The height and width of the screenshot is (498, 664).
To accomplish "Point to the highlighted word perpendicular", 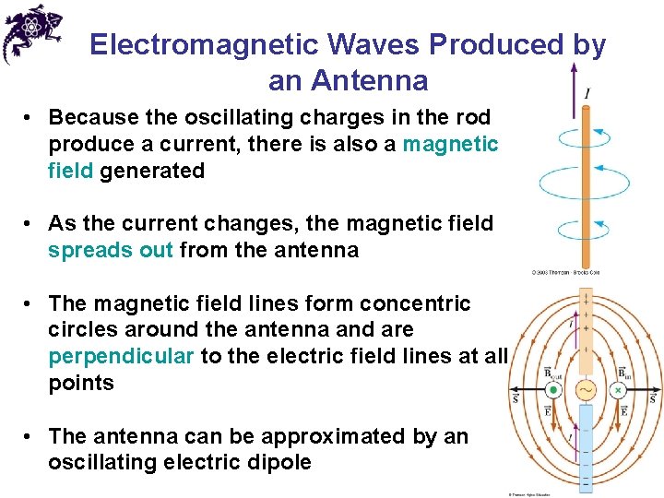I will coord(121,357).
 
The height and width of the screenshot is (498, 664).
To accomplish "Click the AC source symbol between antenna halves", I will coord(586,389).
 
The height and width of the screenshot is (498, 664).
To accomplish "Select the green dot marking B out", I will coord(553,390).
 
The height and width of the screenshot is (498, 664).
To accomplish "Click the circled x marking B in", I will coord(619,390).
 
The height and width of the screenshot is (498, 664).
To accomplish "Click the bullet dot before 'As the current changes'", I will coord(30,224).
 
